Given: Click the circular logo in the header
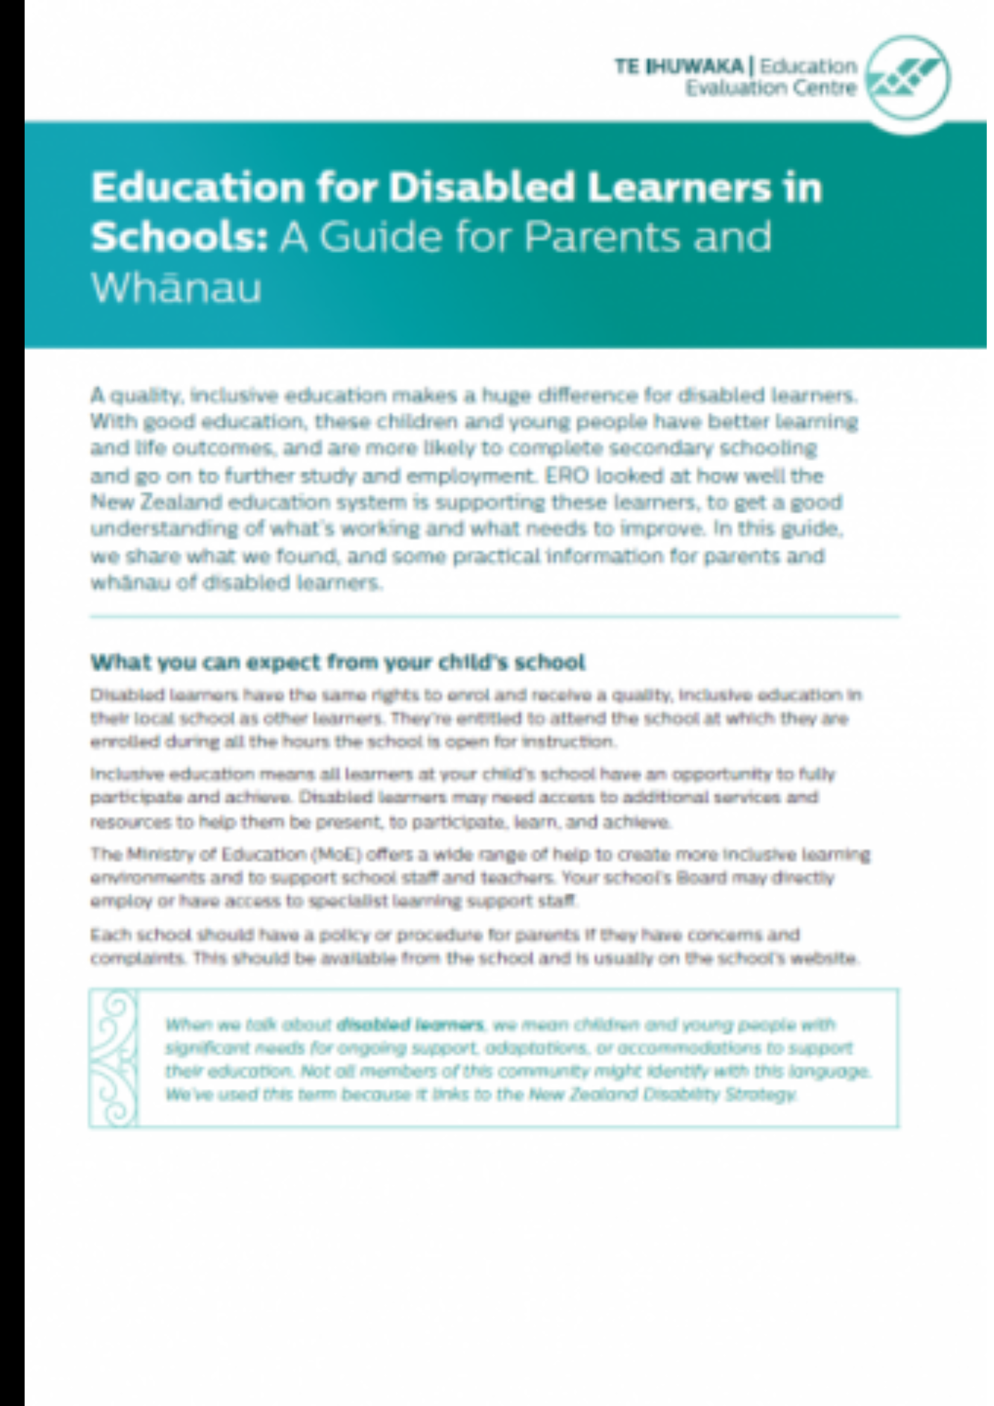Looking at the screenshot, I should pos(908,77).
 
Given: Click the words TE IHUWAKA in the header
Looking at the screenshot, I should pos(678,67).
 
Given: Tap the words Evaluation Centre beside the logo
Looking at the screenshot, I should pos(771,89).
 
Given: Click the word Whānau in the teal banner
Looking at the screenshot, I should pos(176,288).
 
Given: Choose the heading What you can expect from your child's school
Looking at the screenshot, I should pos(337,662).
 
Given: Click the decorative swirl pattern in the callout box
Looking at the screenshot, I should pos(115,1058).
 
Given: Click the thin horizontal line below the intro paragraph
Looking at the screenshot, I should pos(494,617).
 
